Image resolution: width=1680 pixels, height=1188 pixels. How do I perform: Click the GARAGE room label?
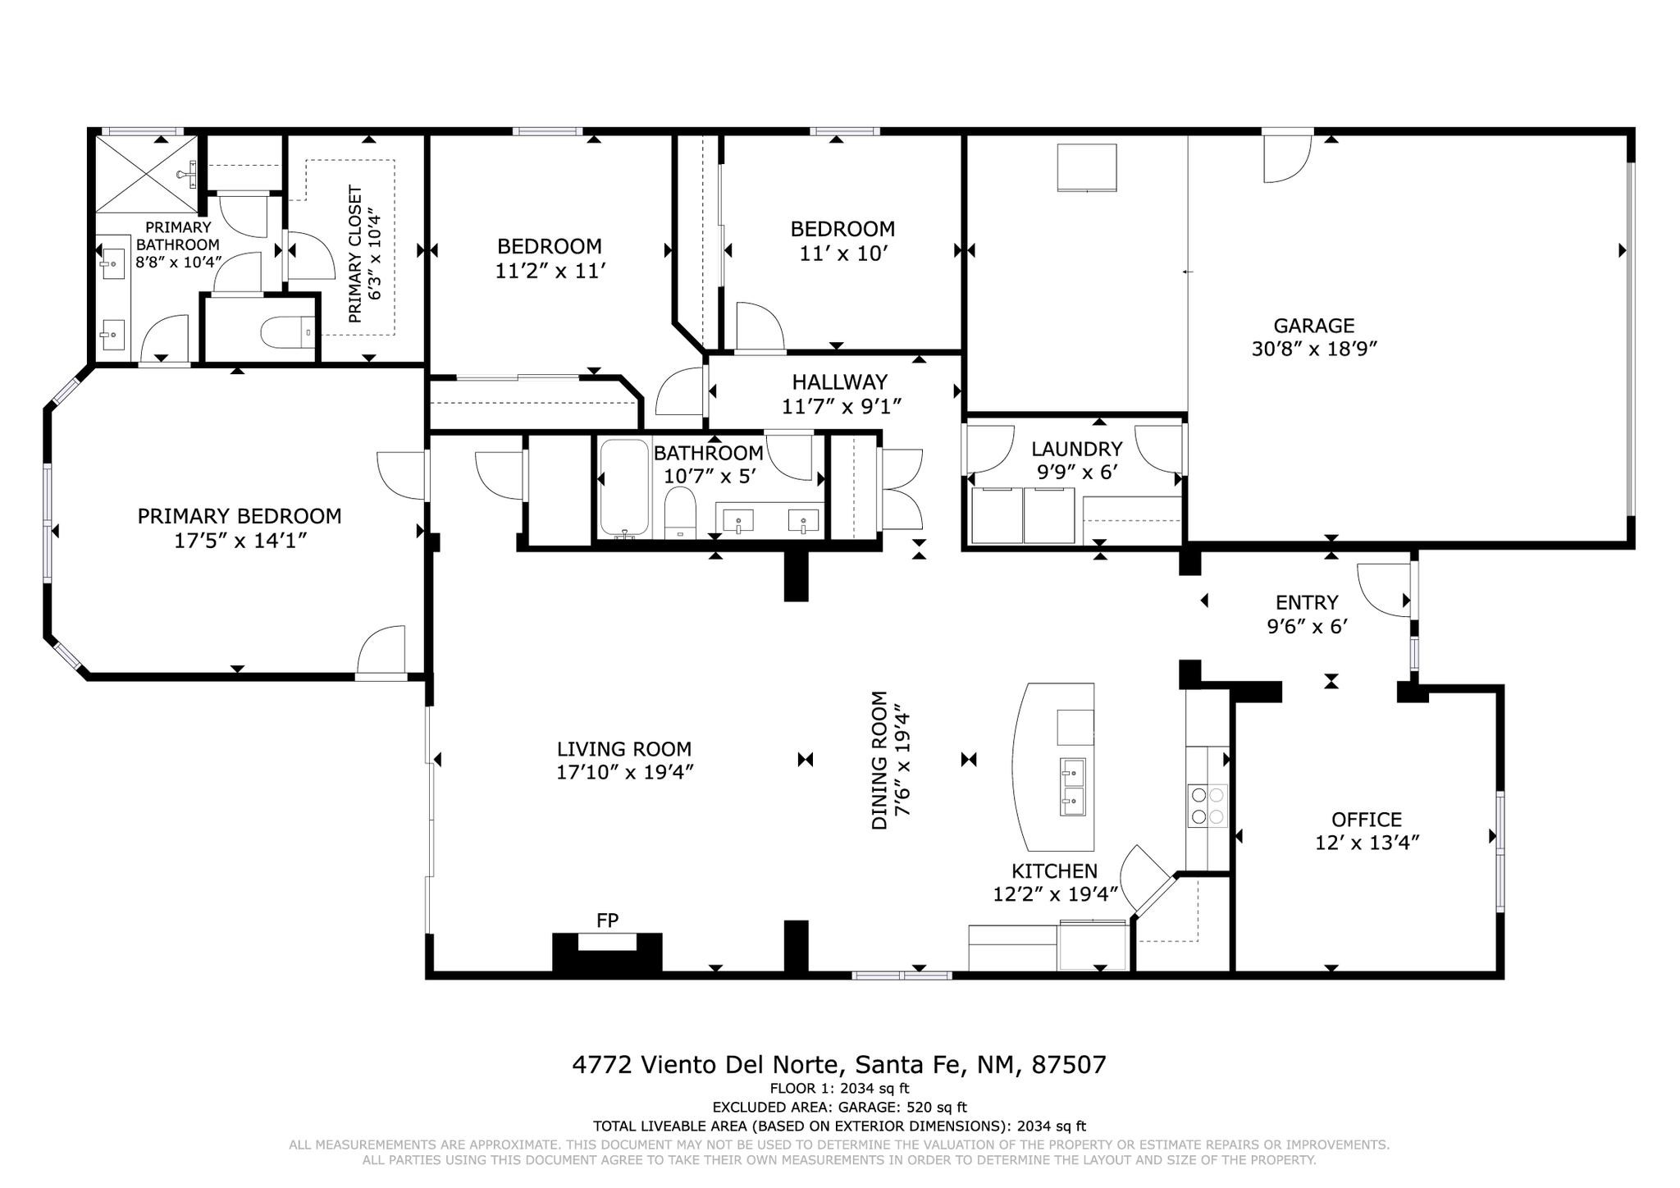(1313, 326)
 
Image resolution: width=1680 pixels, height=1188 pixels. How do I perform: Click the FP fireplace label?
(607, 921)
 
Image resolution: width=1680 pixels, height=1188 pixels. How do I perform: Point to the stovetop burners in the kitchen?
(1207, 805)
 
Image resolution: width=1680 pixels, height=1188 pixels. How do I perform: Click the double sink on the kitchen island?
(1072, 787)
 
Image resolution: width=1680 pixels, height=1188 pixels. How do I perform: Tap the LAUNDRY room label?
(1076, 449)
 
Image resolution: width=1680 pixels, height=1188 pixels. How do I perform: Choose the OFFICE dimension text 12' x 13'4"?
(1367, 843)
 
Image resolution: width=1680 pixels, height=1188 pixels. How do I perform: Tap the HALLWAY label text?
(839, 382)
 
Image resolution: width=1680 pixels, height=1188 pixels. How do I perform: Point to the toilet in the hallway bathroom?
(679, 513)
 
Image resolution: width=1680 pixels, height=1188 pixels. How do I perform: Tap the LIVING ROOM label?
(624, 749)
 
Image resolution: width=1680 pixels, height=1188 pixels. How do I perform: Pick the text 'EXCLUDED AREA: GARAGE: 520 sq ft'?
(839, 1108)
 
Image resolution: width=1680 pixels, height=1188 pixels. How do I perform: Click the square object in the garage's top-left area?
(1087, 168)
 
